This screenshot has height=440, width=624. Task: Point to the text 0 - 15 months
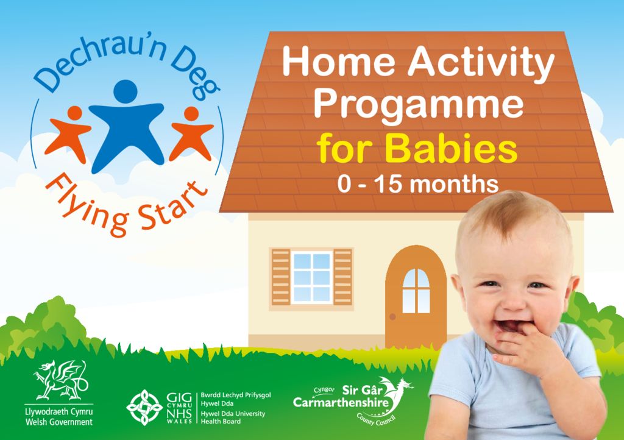point(418,183)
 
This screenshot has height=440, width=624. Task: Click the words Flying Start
point(125,202)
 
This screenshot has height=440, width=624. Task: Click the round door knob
point(393,316)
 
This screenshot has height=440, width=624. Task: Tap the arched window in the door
point(416,291)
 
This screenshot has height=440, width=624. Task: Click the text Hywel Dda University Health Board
point(234,417)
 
